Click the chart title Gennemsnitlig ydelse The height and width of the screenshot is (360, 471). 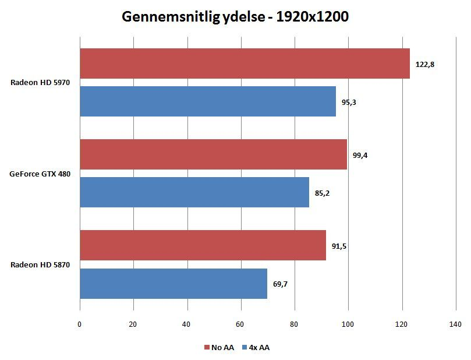[193, 17]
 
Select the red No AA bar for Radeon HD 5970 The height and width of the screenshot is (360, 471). [245, 63]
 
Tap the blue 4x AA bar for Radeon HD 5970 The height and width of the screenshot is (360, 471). [208, 101]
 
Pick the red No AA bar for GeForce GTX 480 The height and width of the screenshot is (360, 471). [214, 154]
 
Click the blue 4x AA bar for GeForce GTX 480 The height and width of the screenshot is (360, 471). [194, 192]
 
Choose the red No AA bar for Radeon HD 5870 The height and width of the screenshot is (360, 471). [203, 245]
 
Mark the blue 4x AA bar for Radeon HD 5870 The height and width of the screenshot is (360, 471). [173, 284]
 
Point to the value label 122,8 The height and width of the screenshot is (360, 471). [425, 64]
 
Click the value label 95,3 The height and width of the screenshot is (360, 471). [349, 103]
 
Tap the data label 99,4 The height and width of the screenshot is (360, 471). [360, 156]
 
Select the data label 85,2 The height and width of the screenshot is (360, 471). [322, 193]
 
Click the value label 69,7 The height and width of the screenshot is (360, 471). [280, 284]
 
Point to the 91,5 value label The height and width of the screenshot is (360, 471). [339, 246]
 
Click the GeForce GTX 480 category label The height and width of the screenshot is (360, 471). [40, 174]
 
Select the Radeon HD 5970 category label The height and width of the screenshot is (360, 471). [40, 82]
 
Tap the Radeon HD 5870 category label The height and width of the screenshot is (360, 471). [40, 264]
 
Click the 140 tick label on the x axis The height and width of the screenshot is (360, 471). [455, 324]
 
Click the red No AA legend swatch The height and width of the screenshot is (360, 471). [207, 347]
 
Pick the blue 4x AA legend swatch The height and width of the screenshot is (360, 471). [244, 347]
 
